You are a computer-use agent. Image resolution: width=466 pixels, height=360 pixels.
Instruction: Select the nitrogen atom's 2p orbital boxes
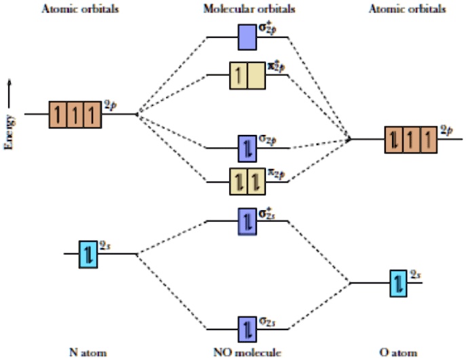click(75, 114)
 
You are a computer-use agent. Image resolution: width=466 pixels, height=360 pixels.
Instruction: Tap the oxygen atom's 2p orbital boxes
click(410, 140)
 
